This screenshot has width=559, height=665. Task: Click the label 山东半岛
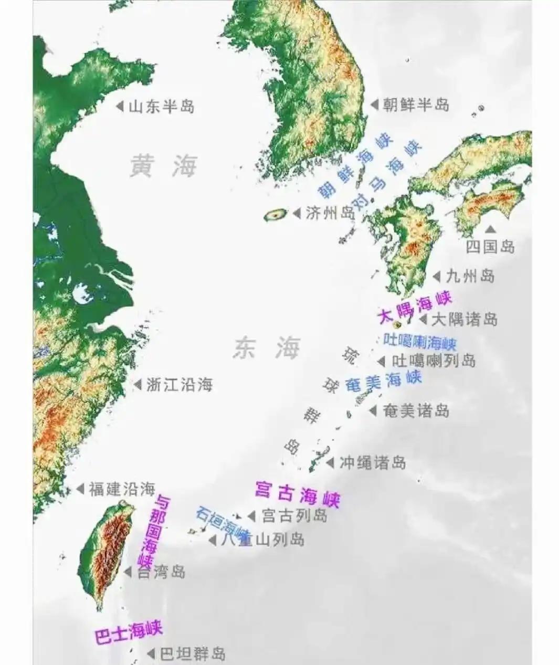(x=161, y=107)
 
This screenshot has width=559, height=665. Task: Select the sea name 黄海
(x=163, y=166)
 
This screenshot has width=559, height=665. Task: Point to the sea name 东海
(x=267, y=347)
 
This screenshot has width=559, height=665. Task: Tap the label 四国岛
(x=490, y=247)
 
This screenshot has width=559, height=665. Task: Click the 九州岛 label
(x=470, y=276)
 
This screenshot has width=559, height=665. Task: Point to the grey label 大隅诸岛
(x=465, y=319)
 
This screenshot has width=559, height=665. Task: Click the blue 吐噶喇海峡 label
(x=420, y=342)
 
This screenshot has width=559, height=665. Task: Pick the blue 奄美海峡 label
(x=384, y=382)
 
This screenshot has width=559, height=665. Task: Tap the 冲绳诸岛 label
(x=373, y=462)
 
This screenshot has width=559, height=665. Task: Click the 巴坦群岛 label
(x=193, y=654)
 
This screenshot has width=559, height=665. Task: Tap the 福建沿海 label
(x=122, y=489)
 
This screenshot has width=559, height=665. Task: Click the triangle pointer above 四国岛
(x=490, y=229)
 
